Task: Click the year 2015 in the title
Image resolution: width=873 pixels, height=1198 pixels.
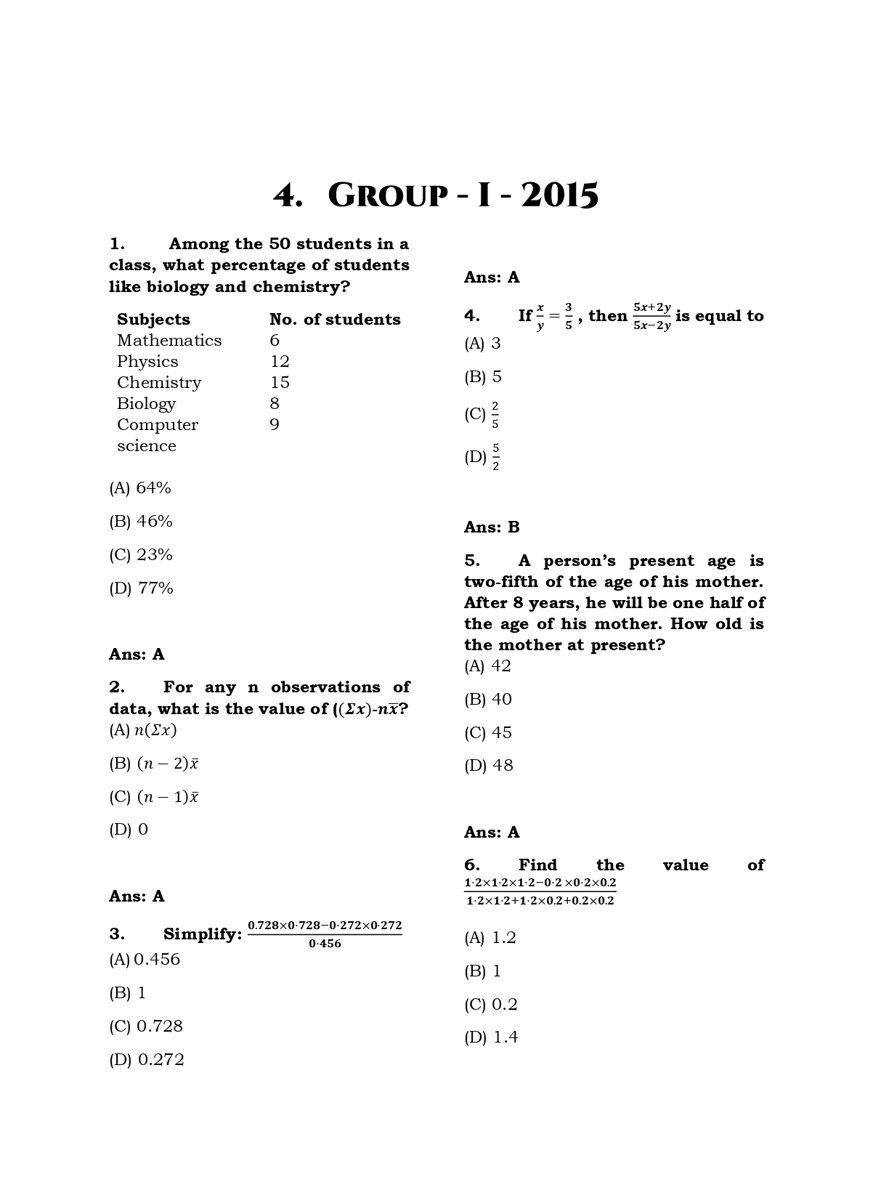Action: tap(559, 195)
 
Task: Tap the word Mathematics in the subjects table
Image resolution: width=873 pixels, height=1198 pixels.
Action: tap(169, 341)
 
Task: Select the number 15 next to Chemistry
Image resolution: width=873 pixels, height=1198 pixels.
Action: tap(280, 383)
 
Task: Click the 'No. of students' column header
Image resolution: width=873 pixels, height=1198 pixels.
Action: tap(335, 320)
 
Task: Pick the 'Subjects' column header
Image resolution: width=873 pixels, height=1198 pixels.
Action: tap(153, 320)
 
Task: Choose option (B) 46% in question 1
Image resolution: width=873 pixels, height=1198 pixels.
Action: tap(141, 522)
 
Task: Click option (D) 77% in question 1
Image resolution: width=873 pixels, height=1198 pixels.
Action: tap(141, 588)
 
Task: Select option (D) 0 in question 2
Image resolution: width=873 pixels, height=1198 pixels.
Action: tap(129, 830)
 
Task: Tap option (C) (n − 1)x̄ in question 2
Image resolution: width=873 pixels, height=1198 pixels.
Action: tap(154, 797)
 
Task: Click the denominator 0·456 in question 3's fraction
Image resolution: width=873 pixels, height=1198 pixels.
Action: tap(325, 944)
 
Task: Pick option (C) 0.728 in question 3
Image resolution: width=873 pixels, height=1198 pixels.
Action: tap(146, 1027)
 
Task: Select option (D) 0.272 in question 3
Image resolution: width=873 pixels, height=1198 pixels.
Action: tap(147, 1060)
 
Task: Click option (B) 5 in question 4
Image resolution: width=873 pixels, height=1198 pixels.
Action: tap(483, 377)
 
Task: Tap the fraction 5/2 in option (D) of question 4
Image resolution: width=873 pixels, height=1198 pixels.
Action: tap(495, 457)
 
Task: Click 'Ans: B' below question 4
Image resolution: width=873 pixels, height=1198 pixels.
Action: tap(492, 527)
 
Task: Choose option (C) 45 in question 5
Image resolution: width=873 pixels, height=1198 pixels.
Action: tap(488, 732)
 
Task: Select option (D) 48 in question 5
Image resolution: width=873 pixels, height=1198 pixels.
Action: tap(489, 766)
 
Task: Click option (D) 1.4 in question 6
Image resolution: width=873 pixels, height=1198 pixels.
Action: tap(491, 1037)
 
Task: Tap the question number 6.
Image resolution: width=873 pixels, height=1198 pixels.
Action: tap(471, 865)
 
